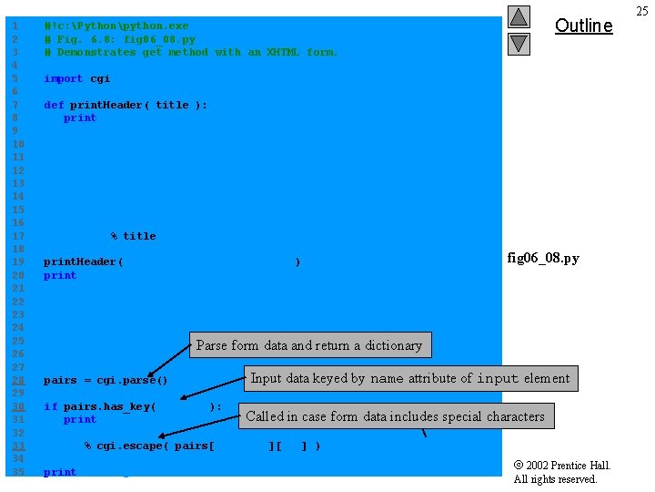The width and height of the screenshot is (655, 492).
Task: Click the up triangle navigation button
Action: coord(519,17)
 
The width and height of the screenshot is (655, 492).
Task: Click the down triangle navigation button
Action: coord(519,43)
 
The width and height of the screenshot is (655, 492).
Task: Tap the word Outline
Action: coord(583,26)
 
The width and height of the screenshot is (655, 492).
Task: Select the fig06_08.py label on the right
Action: coord(542,258)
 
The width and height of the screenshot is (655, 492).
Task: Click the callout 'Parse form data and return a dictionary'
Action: coord(309,345)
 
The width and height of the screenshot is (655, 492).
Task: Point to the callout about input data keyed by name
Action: coord(409,378)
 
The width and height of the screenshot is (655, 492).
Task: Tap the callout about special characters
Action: coord(395,416)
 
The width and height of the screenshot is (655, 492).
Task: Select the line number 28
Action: coord(15,380)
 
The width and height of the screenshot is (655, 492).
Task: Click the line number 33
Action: coord(15,446)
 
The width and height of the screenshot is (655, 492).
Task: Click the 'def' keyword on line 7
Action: coord(54,105)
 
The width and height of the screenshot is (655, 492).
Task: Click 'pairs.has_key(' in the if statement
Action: coord(109,406)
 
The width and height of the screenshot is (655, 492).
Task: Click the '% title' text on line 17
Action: coord(133,236)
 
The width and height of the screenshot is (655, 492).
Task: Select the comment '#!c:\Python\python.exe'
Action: coord(116,26)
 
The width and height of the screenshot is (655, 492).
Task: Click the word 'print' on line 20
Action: coord(60,275)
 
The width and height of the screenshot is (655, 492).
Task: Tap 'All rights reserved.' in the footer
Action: coord(555,479)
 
